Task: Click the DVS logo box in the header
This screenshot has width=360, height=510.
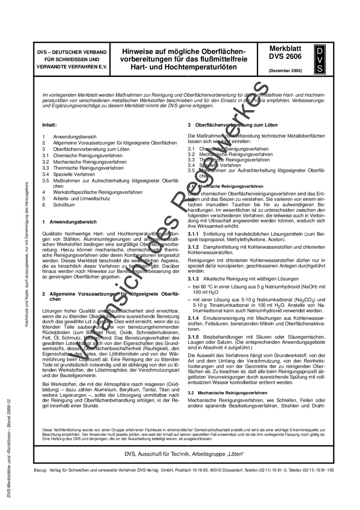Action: [319, 59]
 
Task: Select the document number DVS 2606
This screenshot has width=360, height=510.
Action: [285, 56]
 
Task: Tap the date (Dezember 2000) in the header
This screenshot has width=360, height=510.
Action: [285, 71]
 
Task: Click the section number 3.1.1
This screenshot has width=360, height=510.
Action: [194, 234]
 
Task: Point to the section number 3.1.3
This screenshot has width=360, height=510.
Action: [194, 279]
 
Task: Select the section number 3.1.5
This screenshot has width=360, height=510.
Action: [194, 337]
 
